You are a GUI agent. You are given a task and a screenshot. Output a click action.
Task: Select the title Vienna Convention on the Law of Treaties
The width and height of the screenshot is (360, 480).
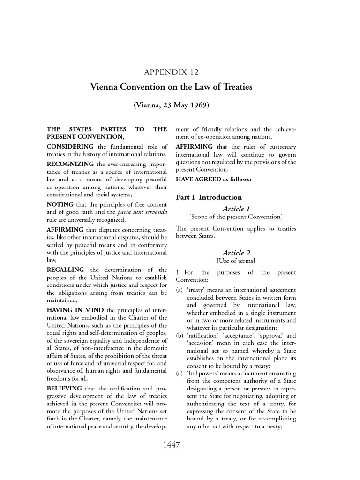(x=171, y=87)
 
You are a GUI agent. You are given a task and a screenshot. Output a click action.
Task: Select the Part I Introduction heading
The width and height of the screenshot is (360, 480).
(x=209, y=197)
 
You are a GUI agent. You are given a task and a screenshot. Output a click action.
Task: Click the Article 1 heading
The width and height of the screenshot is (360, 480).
(x=235, y=208)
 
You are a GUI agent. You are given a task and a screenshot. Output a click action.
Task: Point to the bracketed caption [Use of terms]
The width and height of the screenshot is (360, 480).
(x=235, y=261)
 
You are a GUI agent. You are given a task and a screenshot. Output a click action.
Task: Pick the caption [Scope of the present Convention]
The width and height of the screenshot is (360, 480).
(x=235, y=217)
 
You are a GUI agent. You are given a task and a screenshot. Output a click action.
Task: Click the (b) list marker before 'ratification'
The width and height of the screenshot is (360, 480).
(x=180, y=336)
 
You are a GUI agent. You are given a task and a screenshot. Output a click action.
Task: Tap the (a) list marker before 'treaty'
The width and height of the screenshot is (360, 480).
(x=180, y=290)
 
